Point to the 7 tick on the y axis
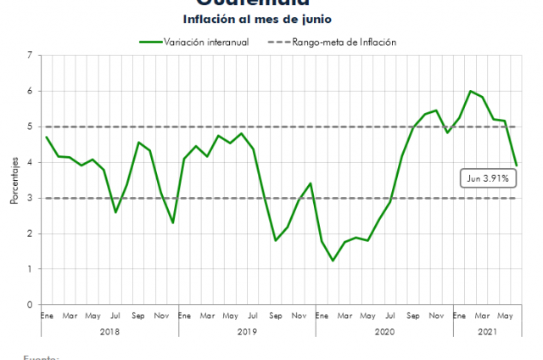point(31,56)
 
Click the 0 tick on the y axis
point(31,305)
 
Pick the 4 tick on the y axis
point(31,162)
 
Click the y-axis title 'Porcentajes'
point(14,181)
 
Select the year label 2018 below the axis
point(109,331)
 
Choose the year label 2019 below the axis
point(247,331)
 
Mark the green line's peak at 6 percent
point(470,91)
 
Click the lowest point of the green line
point(333,261)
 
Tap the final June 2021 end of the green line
point(516,165)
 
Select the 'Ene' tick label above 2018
point(47,316)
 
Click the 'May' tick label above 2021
point(505,316)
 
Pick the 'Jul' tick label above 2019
point(253,316)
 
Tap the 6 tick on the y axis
point(31,92)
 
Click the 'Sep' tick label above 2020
point(413,316)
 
